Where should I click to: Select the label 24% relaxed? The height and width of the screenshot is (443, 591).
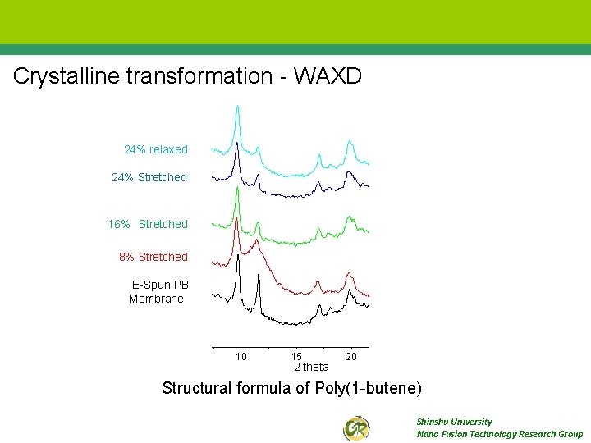155,150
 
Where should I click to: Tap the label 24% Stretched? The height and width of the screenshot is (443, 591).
149,177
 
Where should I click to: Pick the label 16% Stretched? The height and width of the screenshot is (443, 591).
148,224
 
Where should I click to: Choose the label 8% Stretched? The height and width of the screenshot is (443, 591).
153,257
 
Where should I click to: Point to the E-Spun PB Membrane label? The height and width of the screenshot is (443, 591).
158,292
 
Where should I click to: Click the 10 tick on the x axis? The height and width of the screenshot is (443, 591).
241,356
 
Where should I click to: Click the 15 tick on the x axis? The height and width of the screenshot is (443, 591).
296,356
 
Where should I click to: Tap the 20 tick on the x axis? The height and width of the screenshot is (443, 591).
351,356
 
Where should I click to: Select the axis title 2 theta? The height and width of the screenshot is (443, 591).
311,367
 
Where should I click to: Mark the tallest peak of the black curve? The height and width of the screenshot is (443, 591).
238,256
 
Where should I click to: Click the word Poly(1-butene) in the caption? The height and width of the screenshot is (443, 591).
368,388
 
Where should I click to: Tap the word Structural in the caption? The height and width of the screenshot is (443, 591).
197,388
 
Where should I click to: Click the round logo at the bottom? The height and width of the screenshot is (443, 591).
356,427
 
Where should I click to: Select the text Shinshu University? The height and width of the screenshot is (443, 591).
454,422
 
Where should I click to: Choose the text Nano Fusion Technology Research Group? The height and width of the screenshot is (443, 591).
499,434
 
